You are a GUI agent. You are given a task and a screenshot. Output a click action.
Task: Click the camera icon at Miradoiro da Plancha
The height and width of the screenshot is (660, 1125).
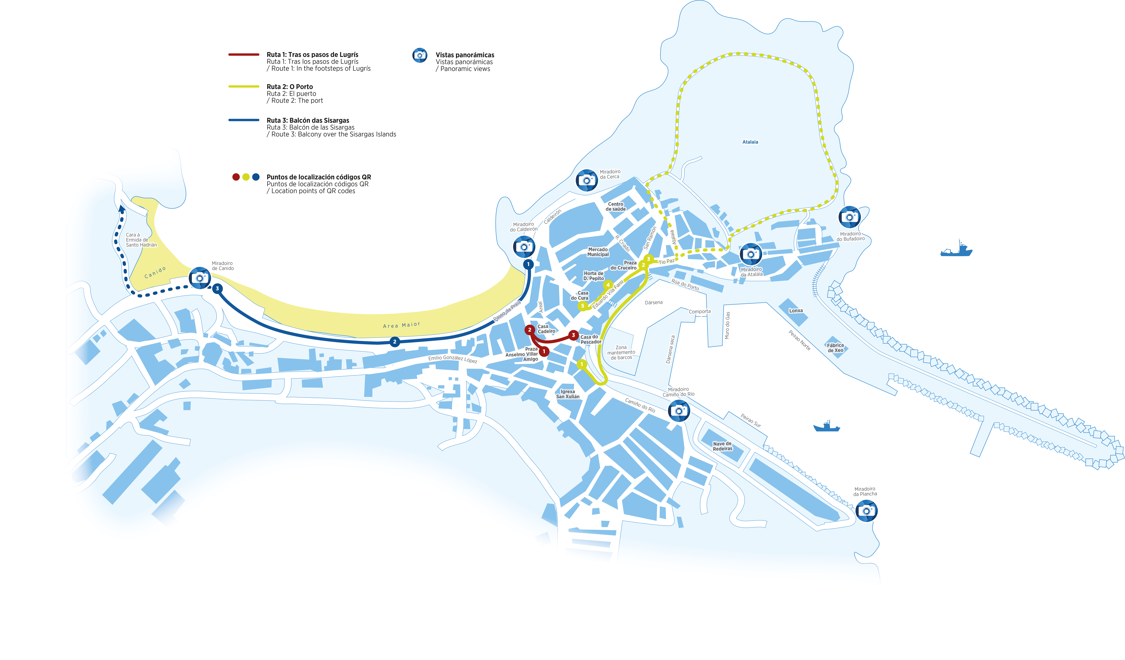pos(867,511)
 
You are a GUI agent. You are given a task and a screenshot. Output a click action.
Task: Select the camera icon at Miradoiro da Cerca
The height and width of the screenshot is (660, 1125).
pos(587,180)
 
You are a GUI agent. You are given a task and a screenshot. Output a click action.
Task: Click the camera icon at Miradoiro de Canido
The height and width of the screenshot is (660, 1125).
pos(200,278)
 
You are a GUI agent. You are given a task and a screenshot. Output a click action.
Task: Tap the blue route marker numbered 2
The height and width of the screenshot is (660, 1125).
pos(395,342)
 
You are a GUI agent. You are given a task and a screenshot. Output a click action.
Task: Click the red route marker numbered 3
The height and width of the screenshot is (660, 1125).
pos(574,335)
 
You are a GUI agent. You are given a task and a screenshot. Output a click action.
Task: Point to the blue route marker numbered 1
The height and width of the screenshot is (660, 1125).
pos(528,264)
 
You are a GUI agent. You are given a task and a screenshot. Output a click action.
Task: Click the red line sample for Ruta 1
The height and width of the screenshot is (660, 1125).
pos(244,54)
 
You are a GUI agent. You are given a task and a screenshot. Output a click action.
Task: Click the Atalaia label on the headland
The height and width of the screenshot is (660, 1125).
pos(750,142)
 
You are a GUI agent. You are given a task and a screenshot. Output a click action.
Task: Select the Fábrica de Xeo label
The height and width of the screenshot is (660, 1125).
pos(835,348)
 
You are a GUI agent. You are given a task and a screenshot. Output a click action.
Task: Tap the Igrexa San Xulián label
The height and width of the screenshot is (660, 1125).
pos(568,394)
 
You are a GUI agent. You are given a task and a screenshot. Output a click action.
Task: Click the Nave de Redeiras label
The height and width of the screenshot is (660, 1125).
pos(722,446)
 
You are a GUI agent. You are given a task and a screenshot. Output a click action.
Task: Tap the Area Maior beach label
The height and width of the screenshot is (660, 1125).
pos(401,325)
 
